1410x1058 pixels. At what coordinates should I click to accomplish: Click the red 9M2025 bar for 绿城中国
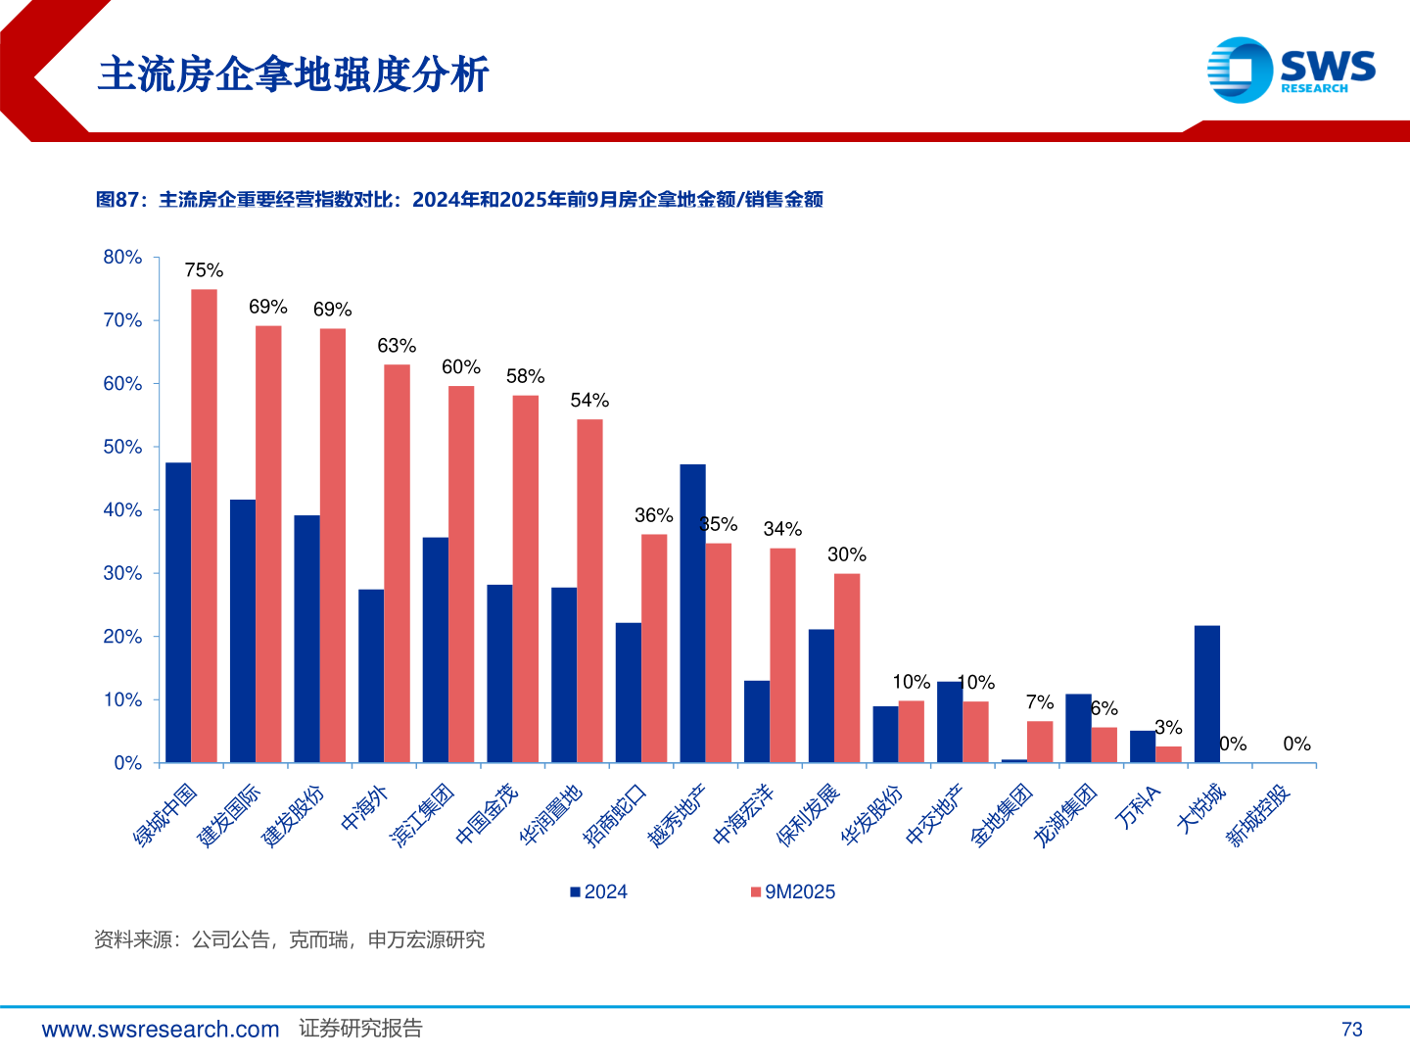click(204, 526)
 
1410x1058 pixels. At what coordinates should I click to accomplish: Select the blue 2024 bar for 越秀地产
click(692, 613)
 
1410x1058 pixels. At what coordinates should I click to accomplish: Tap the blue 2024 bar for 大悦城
click(1207, 694)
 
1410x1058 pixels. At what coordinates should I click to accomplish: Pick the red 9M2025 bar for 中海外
click(397, 563)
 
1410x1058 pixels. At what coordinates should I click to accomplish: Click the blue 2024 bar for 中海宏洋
click(757, 721)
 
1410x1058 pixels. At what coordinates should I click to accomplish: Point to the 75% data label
click(204, 270)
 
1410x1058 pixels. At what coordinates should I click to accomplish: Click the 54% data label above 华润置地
click(589, 401)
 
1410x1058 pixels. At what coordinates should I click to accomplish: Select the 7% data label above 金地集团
click(1040, 702)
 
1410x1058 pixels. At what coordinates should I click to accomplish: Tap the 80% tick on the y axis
click(122, 258)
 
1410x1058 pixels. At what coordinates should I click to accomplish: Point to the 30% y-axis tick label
click(122, 573)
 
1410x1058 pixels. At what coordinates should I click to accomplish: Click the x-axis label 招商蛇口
click(615, 815)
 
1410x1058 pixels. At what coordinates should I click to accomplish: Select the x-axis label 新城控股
click(1259, 815)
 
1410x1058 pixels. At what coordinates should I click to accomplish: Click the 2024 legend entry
click(598, 891)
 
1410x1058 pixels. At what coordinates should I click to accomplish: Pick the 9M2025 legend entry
click(792, 891)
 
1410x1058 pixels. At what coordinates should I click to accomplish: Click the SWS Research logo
click(1291, 70)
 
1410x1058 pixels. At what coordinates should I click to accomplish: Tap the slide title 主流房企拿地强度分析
click(293, 74)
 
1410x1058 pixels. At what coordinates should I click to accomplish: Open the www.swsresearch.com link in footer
click(161, 1030)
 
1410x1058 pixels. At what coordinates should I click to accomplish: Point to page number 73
click(1351, 1030)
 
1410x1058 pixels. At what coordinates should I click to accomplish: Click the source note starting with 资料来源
click(289, 940)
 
